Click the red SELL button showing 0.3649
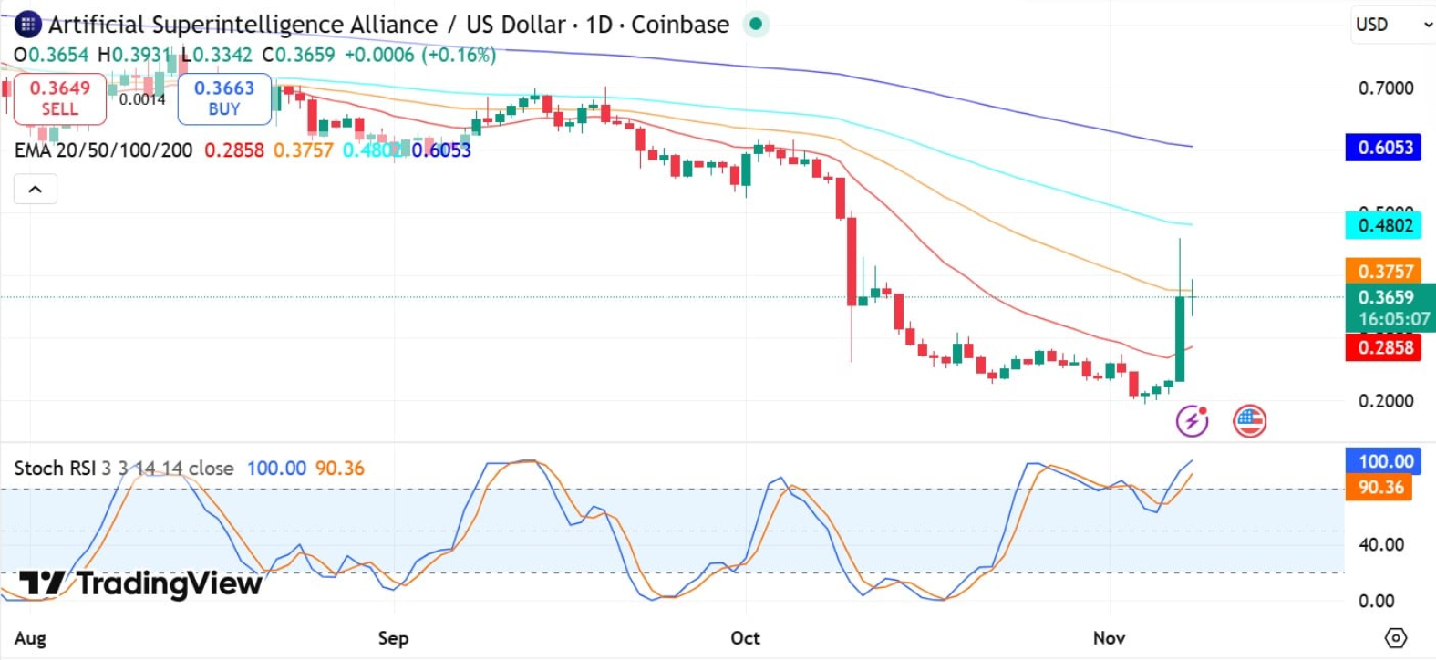click(60, 98)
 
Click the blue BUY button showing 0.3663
click(224, 98)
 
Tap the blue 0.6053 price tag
click(1384, 148)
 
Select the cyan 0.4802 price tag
click(1384, 225)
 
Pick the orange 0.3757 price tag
click(1384, 271)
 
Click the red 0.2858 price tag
click(1384, 347)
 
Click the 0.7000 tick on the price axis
click(1385, 88)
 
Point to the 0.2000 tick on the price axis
click(1385, 401)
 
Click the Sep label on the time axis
click(394, 638)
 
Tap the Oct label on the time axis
click(745, 638)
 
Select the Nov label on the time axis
click(1109, 638)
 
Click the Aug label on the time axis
click(30, 638)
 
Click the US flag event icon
click(1249, 421)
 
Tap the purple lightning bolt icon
click(1192, 421)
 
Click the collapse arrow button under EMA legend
click(36, 190)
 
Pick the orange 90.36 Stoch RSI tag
click(1379, 487)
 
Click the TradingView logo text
click(141, 583)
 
